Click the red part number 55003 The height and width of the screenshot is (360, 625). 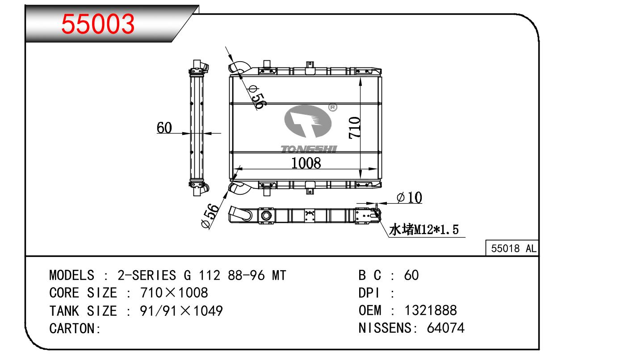point(98,24)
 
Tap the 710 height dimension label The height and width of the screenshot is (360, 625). point(354,128)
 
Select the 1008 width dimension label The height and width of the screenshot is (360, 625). point(306,163)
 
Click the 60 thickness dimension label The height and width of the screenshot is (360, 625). point(164,128)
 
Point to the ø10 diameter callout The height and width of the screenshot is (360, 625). point(409,197)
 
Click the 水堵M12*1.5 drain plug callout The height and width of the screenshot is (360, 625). point(424,230)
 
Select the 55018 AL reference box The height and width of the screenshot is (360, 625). point(512,248)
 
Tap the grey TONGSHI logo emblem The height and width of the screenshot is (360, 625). point(308,121)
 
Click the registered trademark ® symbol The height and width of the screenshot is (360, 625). point(333,107)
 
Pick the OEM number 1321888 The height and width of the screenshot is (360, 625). point(431,310)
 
